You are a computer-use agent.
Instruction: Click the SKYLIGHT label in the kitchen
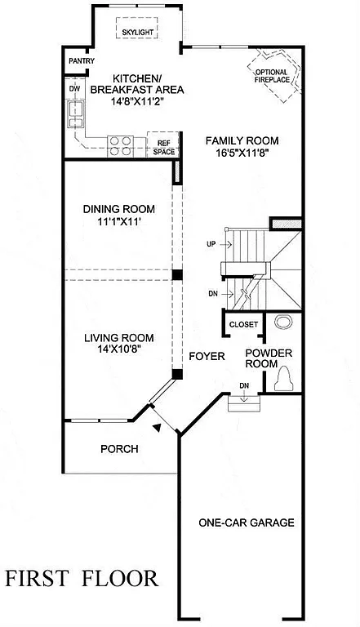click(138, 33)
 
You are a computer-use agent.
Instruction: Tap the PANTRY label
click(81, 61)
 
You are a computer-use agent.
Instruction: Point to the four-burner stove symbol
click(122, 145)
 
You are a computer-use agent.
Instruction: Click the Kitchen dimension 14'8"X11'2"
click(136, 102)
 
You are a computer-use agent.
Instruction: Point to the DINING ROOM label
click(118, 208)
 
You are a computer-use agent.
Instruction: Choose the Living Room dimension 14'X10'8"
click(119, 349)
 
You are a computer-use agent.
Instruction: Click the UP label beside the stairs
click(211, 245)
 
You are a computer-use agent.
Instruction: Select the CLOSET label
click(243, 324)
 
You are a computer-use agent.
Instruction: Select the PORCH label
click(119, 448)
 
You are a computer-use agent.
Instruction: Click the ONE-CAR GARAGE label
click(246, 522)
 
